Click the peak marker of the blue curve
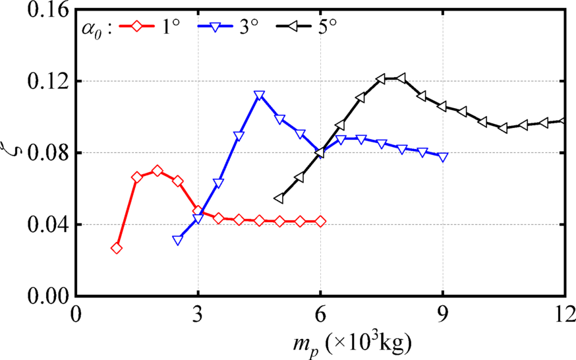(259, 95)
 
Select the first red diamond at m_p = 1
(117, 248)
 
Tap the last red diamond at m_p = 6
(320, 222)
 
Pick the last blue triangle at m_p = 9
(443, 157)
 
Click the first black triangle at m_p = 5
(279, 198)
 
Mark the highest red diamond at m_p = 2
(157, 171)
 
